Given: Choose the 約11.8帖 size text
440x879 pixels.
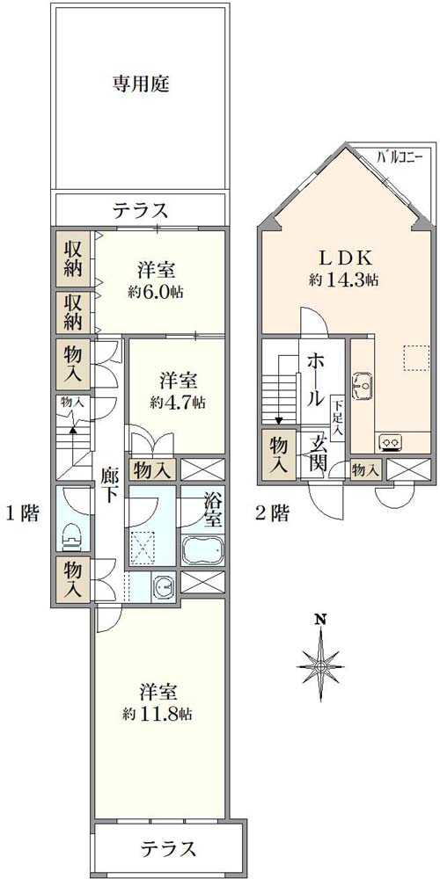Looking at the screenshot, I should tap(158, 714).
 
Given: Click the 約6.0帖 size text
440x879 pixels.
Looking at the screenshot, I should tap(158, 292).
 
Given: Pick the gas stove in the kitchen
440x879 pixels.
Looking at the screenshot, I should tap(390, 441).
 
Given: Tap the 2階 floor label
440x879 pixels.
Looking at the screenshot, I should tap(272, 514).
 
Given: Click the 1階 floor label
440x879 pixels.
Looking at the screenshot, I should tap(23, 514).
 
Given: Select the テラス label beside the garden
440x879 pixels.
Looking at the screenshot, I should tap(140, 210).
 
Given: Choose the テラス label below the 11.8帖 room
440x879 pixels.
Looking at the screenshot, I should tap(167, 849).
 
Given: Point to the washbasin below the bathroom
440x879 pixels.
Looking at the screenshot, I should tap(161, 586).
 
